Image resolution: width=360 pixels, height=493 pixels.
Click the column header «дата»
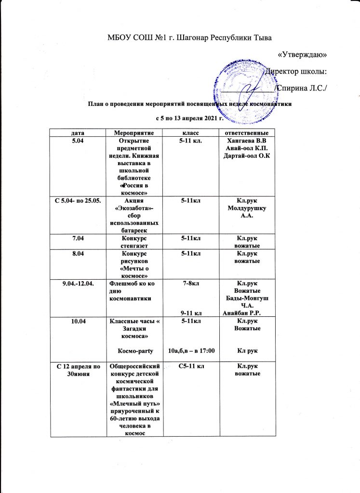(77, 132)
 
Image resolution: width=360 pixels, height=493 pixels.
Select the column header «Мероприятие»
(133, 132)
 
